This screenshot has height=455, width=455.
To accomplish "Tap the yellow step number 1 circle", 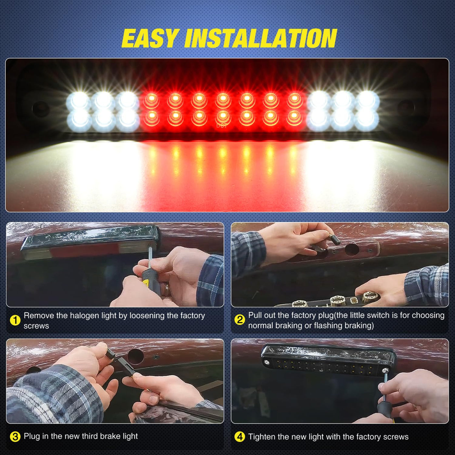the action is point(15,321).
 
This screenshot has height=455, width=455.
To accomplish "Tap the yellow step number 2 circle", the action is point(240,320).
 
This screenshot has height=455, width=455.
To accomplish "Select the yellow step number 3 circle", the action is point(15,436).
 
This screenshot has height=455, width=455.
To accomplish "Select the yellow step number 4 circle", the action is point(240,437).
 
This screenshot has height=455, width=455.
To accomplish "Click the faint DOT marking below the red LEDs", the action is point(221,126).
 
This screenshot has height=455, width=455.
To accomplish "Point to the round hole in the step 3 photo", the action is point(136,356).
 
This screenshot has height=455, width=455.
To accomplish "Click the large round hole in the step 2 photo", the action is point(352,249).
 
